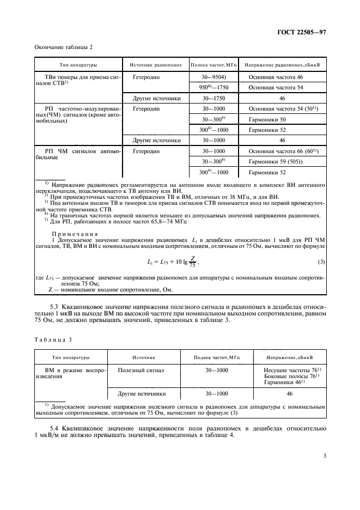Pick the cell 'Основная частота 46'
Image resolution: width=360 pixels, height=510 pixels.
[276, 78]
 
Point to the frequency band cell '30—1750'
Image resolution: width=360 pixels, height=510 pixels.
[214, 99]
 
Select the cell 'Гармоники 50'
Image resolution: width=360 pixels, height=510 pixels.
[267, 119]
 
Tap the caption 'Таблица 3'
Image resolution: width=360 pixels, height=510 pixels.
[53, 339]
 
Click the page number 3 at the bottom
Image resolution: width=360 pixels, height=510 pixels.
[324, 456]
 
